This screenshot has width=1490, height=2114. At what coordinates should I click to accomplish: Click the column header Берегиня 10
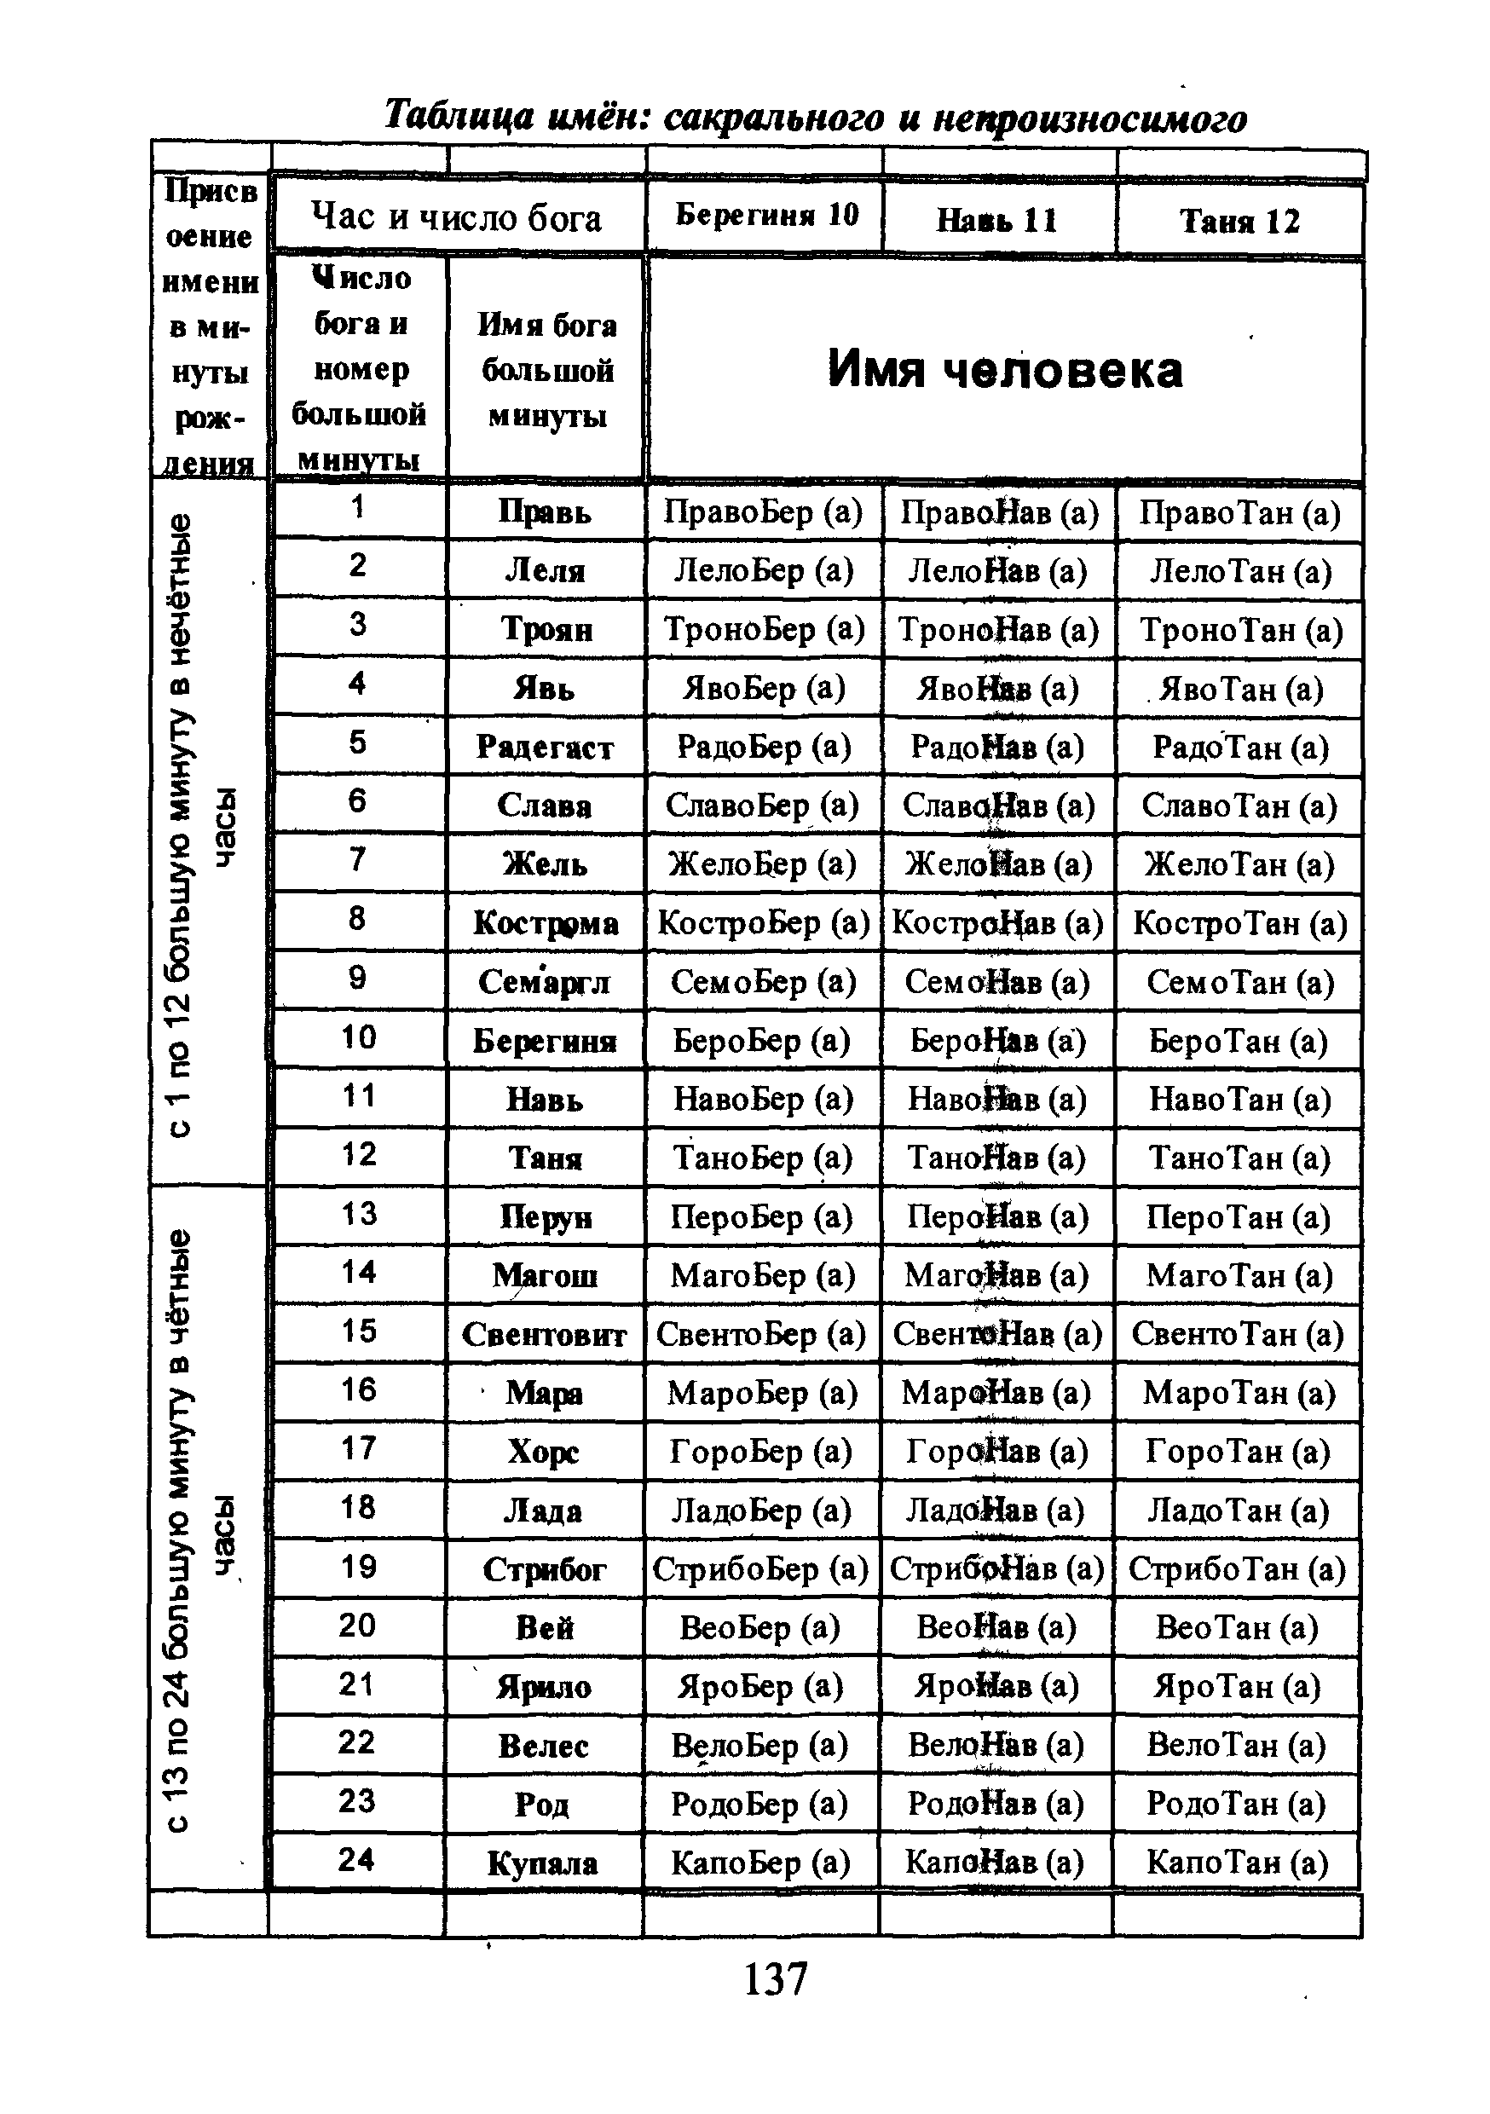pos(766,216)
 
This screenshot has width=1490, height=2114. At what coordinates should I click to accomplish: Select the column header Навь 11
pos(996,220)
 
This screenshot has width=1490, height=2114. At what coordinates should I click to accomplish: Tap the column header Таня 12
pos(1239,221)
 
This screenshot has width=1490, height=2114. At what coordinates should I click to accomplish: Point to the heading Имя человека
pos(1004,370)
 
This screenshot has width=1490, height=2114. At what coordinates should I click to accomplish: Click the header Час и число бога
pos(457,217)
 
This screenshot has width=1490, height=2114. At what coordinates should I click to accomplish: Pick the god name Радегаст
pos(544,747)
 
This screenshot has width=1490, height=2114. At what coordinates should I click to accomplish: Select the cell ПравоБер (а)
pos(763,512)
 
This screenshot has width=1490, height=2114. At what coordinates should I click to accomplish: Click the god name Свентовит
pos(544,1334)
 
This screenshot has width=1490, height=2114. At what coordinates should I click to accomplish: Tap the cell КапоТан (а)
pos(1237,1863)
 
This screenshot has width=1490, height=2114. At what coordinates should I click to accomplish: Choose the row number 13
pos(358,1214)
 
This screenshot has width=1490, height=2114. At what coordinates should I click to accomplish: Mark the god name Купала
pos(542,1863)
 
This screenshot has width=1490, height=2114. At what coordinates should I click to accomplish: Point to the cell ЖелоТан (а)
pos(1239,864)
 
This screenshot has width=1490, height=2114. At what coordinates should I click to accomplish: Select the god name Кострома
pos(546,922)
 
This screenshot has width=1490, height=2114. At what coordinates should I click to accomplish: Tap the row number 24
pos(356,1859)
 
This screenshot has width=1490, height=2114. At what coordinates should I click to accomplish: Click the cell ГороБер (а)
pos(760,1451)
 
